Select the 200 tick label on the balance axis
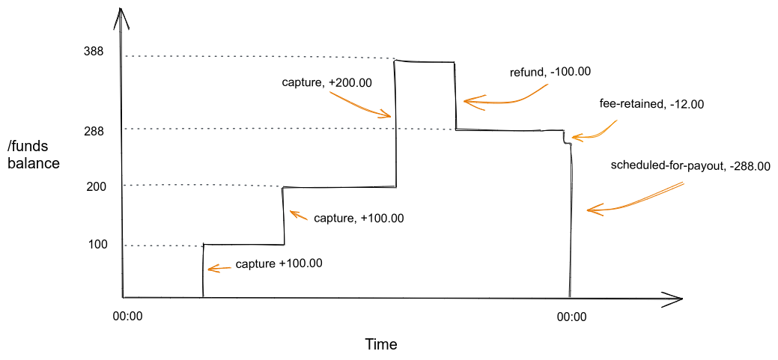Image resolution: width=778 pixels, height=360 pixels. click(97, 186)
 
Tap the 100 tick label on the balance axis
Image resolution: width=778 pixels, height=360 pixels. click(98, 244)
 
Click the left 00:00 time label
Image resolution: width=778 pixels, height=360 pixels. click(127, 317)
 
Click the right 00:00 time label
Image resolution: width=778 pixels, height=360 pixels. click(571, 317)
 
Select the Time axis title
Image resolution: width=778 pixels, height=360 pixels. click(380, 345)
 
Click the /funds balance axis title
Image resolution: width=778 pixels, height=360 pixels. click(34, 154)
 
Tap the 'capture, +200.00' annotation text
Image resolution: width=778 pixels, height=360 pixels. click(326, 83)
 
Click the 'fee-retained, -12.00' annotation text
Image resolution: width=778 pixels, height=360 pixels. click(651, 104)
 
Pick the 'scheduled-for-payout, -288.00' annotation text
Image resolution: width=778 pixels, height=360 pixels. click(690, 166)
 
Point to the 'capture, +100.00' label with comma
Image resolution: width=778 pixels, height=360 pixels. click(359, 219)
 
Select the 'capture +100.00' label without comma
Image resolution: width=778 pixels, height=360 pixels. click(279, 263)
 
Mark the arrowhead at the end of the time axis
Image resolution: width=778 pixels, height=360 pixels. click(676, 299)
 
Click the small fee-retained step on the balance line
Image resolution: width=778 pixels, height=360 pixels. click(567, 138)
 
